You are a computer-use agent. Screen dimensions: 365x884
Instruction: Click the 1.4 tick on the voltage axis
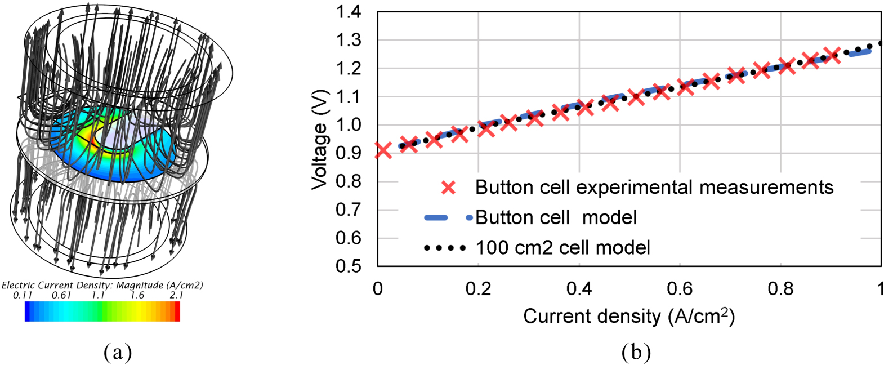pos(349,12)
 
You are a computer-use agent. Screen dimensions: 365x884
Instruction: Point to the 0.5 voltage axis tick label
pos(349,266)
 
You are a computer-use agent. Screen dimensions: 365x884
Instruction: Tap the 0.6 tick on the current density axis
pos(680,289)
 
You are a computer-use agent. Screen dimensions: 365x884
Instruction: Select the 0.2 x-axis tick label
pos(478,289)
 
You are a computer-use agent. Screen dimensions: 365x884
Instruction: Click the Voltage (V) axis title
pos(320,139)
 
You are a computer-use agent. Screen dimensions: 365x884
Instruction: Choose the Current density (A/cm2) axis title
pos(628,316)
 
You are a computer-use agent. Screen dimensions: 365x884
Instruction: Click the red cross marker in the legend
pos(449,188)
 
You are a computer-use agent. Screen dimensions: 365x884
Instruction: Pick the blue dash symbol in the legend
pos(436,218)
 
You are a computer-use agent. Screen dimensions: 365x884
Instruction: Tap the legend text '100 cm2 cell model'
pos(562,248)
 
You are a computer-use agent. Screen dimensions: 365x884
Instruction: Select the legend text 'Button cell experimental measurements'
pos(654,188)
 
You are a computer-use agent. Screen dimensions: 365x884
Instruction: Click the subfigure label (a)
pos(118,353)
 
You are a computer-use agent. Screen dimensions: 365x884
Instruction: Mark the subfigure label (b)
pos(636,353)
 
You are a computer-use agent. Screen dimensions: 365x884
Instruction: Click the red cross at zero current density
pos(383,150)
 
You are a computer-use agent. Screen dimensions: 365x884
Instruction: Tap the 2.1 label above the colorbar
pos(176,295)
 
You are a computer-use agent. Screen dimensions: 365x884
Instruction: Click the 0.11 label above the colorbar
pos(23,295)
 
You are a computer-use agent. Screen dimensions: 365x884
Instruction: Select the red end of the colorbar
pos(177,311)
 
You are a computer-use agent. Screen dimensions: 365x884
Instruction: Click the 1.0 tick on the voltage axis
pos(349,125)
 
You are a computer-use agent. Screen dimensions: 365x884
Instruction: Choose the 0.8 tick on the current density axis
pos(780,289)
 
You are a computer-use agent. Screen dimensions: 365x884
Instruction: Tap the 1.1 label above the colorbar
pos(99,295)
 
